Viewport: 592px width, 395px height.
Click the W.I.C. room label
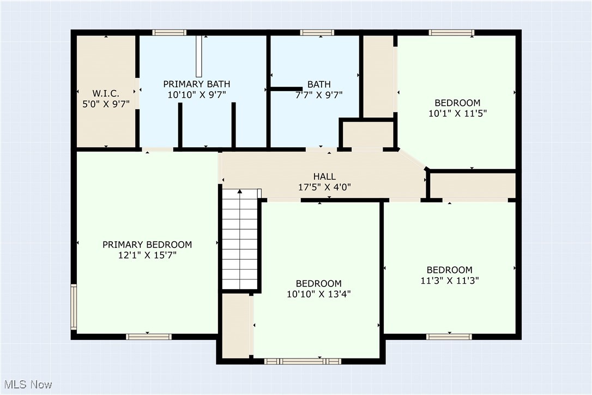(x=106, y=93)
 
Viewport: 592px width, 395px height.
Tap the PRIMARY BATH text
(x=197, y=84)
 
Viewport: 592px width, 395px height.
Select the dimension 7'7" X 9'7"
(x=319, y=94)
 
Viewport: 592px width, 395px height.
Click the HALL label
(x=324, y=176)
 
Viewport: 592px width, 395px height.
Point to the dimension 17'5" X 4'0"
(x=324, y=187)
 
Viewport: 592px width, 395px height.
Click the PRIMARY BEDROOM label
(x=147, y=244)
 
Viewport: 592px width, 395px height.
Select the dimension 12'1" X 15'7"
(x=147, y=255)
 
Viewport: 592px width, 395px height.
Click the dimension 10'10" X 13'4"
(x=319, y=294)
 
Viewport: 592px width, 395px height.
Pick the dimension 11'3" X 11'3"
(x=449, y=280)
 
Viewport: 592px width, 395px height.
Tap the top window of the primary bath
(x=170, y=32)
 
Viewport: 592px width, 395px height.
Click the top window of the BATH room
(x=318, y=32)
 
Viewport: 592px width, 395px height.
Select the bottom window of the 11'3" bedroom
(x=449, y=337)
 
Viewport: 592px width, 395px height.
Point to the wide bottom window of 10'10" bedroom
(x=302, y=361)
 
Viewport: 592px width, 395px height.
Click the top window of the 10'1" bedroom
(x=451, y=32)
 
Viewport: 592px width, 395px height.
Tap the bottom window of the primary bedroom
(x=149, y=337)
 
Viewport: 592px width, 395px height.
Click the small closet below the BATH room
(x=367, y=134)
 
